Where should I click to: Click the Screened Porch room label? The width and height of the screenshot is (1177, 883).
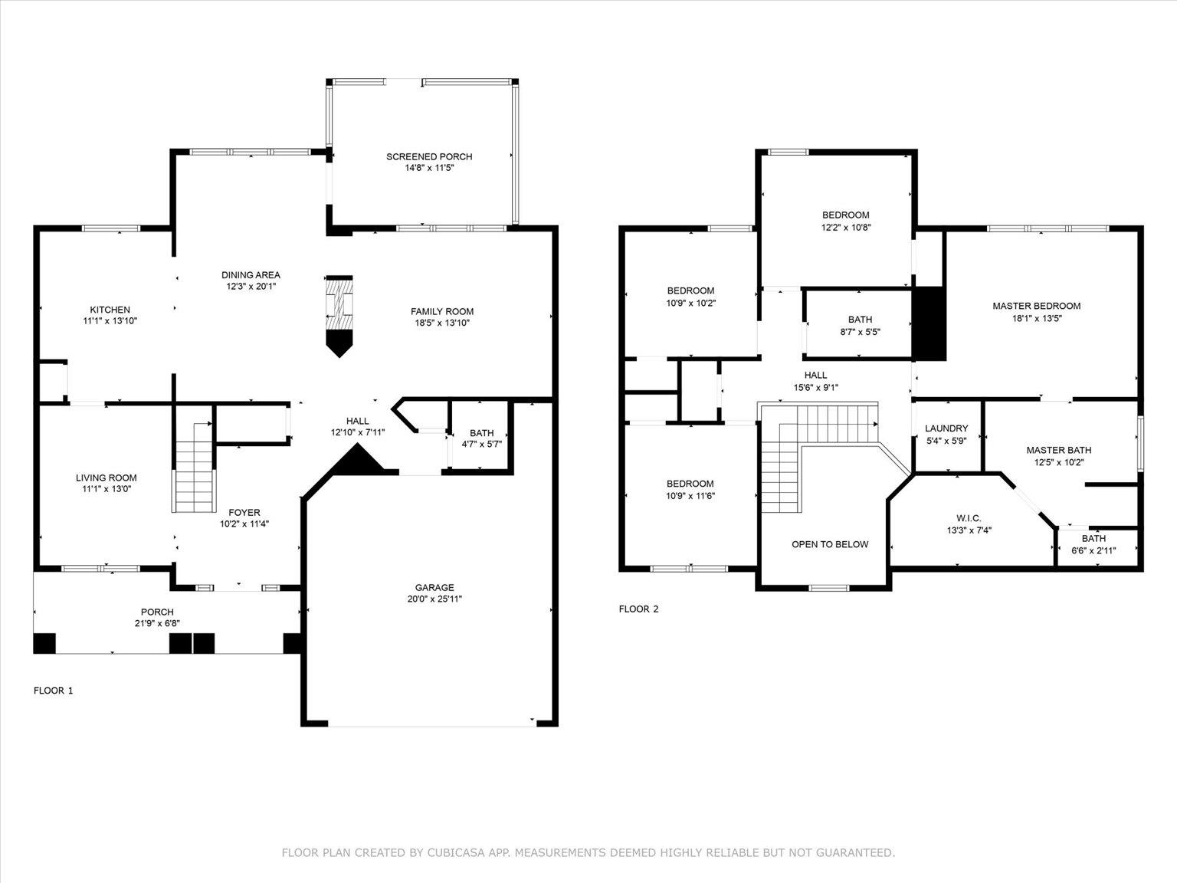tap(429, 156)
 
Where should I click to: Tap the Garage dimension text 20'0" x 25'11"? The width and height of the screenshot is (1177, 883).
tap(434, 599)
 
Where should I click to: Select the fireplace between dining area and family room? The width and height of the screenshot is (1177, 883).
tap(339, 314)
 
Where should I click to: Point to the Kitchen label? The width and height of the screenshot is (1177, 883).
tap(110, 310)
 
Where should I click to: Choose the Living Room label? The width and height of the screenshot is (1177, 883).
tap(106, 478)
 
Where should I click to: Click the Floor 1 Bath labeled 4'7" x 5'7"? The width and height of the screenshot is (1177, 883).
tap(481, 438)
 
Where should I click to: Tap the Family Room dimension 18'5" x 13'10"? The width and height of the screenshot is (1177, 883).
tap(441, 323)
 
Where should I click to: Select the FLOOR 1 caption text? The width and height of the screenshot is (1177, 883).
tap(54, 690)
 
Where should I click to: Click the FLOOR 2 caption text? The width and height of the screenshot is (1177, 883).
tap(638, 609)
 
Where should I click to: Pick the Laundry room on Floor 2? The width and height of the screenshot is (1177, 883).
tap(946, 434)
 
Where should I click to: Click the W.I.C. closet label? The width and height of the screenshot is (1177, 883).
tap(969, 518)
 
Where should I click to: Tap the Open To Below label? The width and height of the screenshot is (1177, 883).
tap(830, 544)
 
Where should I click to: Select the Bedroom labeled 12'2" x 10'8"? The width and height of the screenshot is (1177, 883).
tap(845, 221)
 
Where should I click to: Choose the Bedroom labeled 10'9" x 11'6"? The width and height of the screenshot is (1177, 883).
tap(690, 489)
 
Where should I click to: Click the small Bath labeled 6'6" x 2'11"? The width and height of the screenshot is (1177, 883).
tap(1093, 544)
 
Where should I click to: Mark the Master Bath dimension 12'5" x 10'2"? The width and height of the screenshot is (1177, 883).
tap(1058, 462)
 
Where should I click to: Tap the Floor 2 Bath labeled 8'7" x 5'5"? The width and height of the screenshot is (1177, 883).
tap(859, 325)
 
